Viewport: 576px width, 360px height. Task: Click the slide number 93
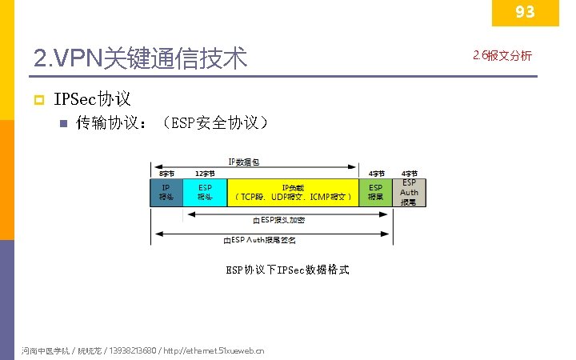click(525, 11)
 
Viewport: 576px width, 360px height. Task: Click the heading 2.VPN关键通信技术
click(141, 58)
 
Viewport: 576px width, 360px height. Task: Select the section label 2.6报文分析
click(502, 56)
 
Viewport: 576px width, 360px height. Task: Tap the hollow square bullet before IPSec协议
click(37, 100)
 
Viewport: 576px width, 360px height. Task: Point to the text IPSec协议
click(92, 99)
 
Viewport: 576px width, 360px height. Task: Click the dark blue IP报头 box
click(166, 192)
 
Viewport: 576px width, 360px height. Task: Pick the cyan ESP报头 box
click(205, 192)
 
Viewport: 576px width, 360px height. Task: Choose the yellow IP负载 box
click(293, 192)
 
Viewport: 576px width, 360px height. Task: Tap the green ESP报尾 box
click(375, 192)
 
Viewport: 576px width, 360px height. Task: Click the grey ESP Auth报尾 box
click(409, 192)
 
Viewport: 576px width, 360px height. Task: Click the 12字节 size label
click(205, 174)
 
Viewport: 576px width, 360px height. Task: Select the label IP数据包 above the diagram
click(243, 162)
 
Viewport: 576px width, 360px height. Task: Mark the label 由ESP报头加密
click(278, 219)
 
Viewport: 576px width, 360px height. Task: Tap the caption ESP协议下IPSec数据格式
click(287, 270)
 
